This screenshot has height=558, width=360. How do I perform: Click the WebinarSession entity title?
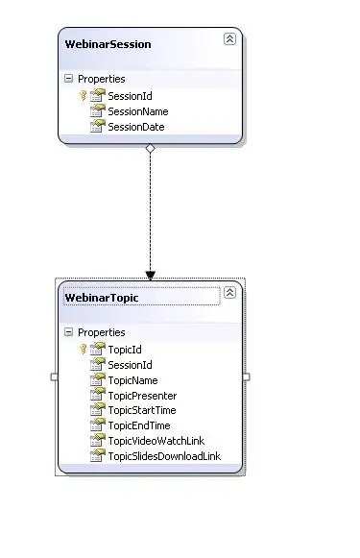[x=108, y=44]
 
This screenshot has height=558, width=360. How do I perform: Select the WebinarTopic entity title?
[x=102, y=298]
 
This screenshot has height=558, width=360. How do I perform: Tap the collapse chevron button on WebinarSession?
[x=229, y=38]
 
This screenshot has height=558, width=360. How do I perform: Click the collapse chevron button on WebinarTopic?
[x=229, y=293]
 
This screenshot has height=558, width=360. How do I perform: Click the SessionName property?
[x=138, y=111]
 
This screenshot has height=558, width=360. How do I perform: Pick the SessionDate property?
[x=136, y=127]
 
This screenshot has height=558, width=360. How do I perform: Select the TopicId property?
[x=125, y=350]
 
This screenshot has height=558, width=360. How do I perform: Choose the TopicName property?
[x=133, y=380]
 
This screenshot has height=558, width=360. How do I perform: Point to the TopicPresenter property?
[x=143, y=396]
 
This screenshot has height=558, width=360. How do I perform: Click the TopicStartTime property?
[x=142, y=410]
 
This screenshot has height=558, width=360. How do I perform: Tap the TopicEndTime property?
[x=139, y=425]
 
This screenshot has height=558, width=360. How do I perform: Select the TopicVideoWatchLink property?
[x=156, y=441]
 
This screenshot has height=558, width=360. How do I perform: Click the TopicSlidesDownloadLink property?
[x=164, y=456]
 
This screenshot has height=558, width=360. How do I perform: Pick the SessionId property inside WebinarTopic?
[x=130, y=365]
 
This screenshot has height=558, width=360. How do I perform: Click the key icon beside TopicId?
[x=84, y=349]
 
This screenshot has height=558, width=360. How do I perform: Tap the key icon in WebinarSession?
[x=84, y=95]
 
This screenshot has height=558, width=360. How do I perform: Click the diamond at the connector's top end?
[x=151, y=148]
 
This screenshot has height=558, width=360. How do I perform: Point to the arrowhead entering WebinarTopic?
[x=151, y=275]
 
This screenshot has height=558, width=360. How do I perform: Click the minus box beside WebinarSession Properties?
[x=69, y=79]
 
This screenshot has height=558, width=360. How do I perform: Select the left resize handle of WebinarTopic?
[x=55, y=376]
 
